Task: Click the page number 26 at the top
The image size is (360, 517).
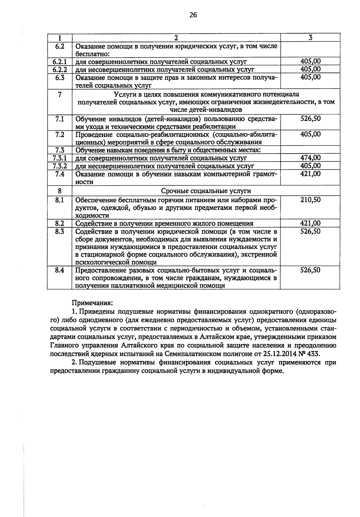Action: tap(193, 15)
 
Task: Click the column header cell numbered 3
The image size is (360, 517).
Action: tap(310, 37)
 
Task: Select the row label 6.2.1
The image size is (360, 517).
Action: tap(59, 62)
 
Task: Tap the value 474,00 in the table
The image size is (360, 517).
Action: tap(310, 158)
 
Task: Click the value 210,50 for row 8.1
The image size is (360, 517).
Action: tap(310, 200)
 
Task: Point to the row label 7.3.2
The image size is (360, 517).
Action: tap(59, 166)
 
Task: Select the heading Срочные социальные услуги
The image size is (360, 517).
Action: tap(206, 191)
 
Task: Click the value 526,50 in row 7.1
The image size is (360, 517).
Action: tap(310, 118)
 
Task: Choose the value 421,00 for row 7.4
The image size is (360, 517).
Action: tap(310, 174)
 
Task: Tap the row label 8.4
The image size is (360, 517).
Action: tap(59, 270)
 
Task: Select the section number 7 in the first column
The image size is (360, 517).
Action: tap(59, 94)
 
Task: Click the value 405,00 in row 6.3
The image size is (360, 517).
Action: tap(310, 77)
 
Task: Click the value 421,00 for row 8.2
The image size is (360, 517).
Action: tap(310, 223)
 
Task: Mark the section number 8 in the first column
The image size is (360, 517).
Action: tap(59, 191)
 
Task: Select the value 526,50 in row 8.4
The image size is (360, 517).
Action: tap(310, 270)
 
